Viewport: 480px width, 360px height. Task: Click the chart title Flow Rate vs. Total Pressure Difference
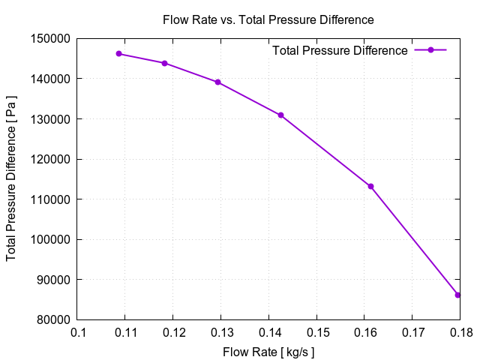[268, 19]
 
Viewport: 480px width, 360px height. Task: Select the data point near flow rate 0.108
[118, 53]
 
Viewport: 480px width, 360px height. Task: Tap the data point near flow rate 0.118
[164, 63]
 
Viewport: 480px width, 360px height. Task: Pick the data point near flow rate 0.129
[217, 82]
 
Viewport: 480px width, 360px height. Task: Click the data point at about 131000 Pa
[280, 115]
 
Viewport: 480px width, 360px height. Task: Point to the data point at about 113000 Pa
[370, 186]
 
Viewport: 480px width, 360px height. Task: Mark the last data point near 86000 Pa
[457, 295]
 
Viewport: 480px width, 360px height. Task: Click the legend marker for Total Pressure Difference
[430, 50]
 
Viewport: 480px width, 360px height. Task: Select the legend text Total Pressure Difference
[340, 51]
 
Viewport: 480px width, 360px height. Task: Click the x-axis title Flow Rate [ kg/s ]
[268, 351]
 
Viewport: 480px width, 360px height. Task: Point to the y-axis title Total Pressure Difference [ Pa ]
[11, 179]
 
